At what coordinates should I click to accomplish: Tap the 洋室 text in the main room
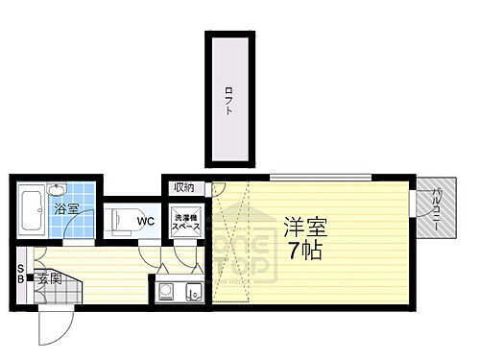(305, 229)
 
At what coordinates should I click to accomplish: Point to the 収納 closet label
(184, 187)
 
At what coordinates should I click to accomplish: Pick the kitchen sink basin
(193, 291)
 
